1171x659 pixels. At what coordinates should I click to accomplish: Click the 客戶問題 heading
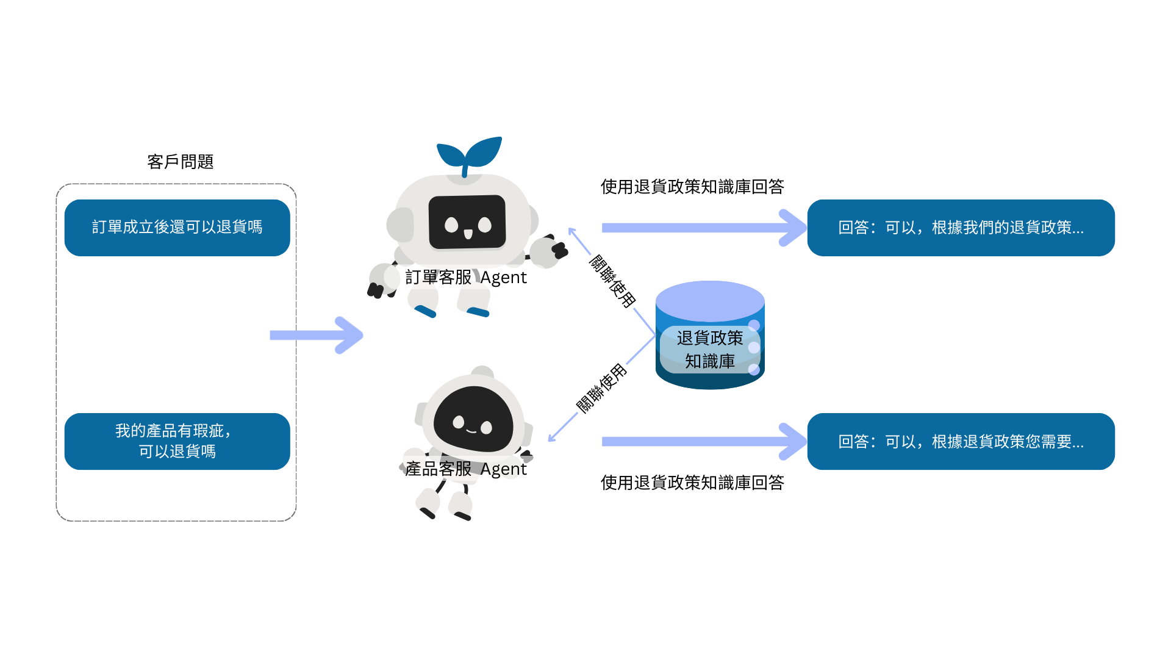pyautogui.click(x=180, y=162)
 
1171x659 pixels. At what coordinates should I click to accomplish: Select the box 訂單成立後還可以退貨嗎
pyautogui.click(x=177, y=228)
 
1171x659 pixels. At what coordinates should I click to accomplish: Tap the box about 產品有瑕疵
pyautogui.click(x=177, y=441)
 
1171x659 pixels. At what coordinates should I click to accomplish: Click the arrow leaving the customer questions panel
pyautogui.click(x=317, y=335)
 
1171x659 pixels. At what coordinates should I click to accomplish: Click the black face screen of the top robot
pyautogui.click(x=467, y=222)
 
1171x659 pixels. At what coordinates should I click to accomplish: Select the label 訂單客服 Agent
pyautogui.click(x=465, y=278)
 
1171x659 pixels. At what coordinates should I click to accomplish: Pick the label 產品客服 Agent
pyautogui.click(x=465, y=469)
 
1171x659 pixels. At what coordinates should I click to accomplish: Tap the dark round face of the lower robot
pyautogui.click(x=473, y=420)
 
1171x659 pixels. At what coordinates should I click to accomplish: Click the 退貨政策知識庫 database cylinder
pyautogui.click(x=710, y=336)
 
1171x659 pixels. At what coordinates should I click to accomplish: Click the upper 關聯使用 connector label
pyautogui.click(x=612, y=281)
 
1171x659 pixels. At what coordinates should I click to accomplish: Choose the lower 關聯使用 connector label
pyautogui.click(x=601, y=389)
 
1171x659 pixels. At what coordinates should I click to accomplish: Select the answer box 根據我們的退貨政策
pyautogui.click(x=961, y=228)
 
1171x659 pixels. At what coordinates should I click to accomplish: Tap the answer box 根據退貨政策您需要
pyautogui.click(x=961, y=441)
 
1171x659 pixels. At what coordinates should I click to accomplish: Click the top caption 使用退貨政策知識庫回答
pyautogui.click(x=692, y=187)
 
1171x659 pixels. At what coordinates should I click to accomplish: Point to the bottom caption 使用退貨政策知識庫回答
pyautogui.click(x=692, y=483)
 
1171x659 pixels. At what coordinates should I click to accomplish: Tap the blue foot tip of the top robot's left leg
pyautogui.click(x=425, y=312)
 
